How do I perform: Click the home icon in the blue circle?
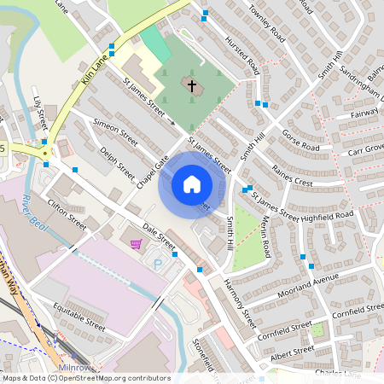coord(192,183)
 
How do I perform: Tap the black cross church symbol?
coord(192,85)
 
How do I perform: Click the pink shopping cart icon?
coord(136,245)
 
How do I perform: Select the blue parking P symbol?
coord(157,265)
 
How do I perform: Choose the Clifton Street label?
coord(67,214)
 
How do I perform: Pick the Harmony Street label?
coord(240,303)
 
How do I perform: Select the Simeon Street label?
coord(115,131)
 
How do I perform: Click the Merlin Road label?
coord(266,236)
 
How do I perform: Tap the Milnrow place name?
coord(74,366)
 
